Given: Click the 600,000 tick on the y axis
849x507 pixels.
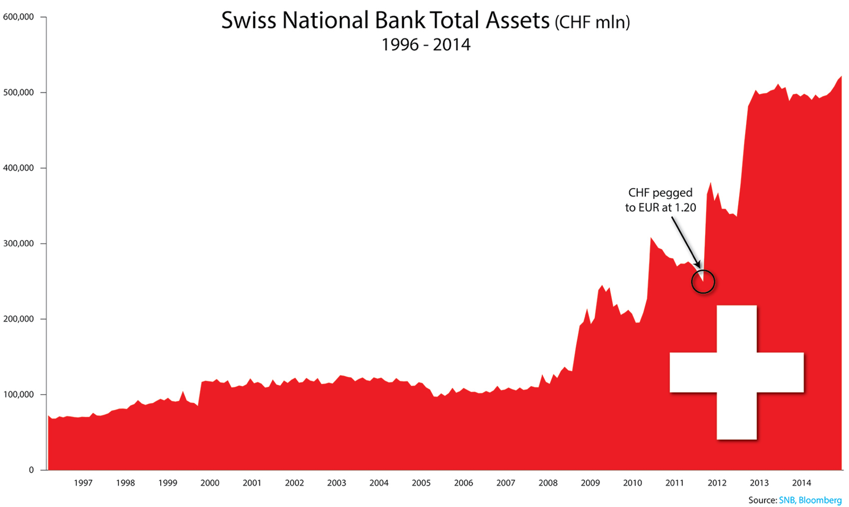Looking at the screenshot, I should pyautogui.click(x=19, y=17).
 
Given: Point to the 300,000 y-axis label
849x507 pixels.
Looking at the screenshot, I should pyautogui.click(x=19, y=244).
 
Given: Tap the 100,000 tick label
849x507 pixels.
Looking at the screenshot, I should pyautogui.click(x=19, y=394).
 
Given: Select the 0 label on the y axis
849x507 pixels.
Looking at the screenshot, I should pyautogui.click(x=31, y=470).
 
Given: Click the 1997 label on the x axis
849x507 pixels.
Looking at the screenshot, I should pyautogui.click(x=83, y=483).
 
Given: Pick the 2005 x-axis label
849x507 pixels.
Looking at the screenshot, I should pyautogui.click(x=421, y=483).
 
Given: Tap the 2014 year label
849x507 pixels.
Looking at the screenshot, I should pyautogui.click(x=801, y=483).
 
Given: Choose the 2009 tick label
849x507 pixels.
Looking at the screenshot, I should pyautogui.click(x=590, y=483).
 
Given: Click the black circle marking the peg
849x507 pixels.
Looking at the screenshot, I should pyautogui.click(x=703, y=282).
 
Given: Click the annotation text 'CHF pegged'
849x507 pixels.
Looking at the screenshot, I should pyautogui.click(x=660, y=193).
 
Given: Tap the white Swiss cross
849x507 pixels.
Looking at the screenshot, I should pyautogui.click(x=737, y=372).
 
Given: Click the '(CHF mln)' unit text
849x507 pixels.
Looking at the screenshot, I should pyautogui.click(x=593, y=23).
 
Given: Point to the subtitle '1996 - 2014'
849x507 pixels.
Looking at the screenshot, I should pyautogui.click(x=426, y=45).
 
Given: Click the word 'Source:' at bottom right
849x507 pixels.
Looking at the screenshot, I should pyautogui.click(x=762, y=500).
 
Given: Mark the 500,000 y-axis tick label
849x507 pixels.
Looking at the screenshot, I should pyautogui.click(x=19, y=92).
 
